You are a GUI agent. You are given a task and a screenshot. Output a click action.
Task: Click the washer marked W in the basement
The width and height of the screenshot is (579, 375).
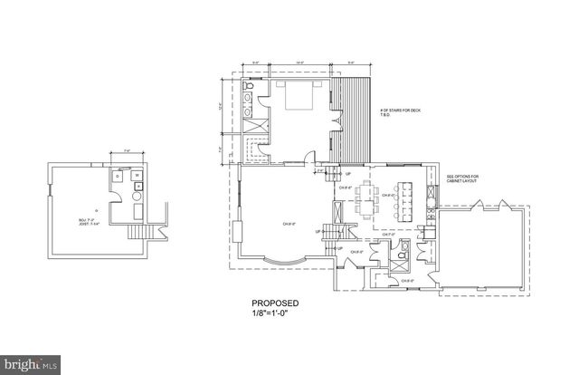click(x=138, y=176)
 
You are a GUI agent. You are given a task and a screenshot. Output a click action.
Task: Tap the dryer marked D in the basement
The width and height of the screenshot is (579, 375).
click(x=138, y=193)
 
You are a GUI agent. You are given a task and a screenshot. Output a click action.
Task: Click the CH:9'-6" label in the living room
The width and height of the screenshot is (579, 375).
click(x=289, y=222)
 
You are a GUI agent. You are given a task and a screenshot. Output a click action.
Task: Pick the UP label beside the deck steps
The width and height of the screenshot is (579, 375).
click(x=347, y=174)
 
